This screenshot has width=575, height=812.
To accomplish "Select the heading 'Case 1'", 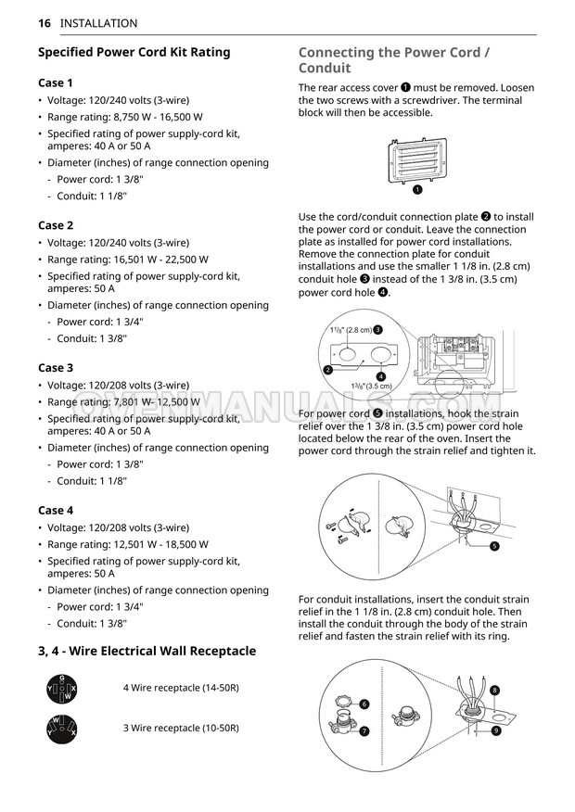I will pos(56,82).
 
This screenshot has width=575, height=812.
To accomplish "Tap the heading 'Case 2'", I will pos(56,225).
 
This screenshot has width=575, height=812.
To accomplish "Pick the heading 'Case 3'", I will pos(56,368).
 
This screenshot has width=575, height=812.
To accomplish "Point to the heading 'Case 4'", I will pos(56,510).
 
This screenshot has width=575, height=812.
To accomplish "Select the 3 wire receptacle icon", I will pos(61,729).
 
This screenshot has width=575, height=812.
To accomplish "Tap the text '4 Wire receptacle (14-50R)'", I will pos(180,688).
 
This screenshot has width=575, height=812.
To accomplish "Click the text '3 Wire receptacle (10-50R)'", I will pos(180,728).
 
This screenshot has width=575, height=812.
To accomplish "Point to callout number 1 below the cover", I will pos(418,190).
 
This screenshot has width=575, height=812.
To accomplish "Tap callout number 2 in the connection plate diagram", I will pos(328,370).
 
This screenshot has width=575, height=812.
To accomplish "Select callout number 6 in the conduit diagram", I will pos(364,704).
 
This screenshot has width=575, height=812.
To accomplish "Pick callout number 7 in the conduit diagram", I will pos(364,730).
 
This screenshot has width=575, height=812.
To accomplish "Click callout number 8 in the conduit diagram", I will pos(495,691).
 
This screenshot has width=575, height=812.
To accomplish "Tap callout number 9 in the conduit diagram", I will pos(497,731).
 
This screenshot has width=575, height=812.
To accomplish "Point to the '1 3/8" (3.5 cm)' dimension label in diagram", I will pos(371,386).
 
